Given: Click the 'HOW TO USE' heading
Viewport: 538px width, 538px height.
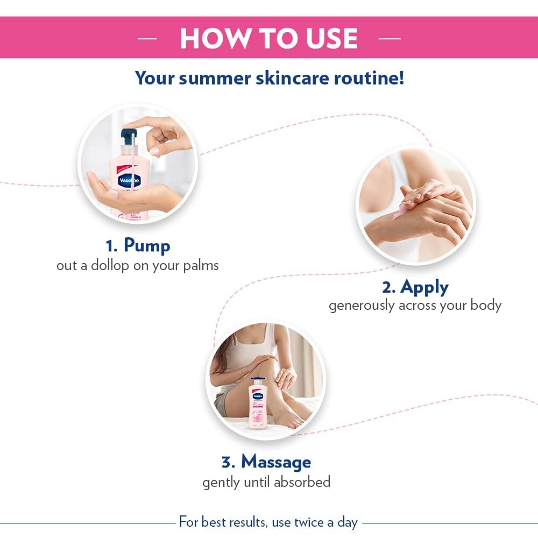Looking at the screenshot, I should pos(269,38).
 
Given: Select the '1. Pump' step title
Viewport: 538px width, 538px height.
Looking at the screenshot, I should pos(138,245).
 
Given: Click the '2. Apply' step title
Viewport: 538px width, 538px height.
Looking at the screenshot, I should pos(415,287).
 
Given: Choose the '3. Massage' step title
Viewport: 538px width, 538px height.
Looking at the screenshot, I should pos(266,462).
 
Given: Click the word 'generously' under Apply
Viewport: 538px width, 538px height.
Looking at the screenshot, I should pos(362,306).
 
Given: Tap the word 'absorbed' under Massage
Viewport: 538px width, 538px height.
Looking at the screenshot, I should pos(302,482).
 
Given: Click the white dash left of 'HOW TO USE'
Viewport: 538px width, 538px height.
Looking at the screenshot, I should pos(147,39).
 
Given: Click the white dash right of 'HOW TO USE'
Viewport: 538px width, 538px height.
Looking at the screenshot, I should pos(390,39).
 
